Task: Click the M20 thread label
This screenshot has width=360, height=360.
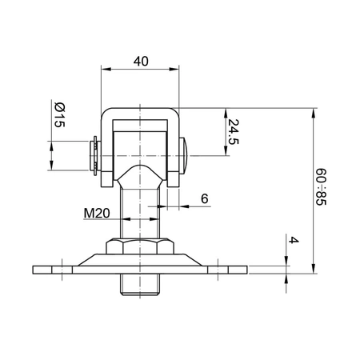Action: (97, 214)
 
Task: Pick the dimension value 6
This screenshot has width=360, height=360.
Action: (204, 198)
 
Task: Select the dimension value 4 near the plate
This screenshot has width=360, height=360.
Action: (294, 241)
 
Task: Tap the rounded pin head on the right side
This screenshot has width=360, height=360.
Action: (186, 154)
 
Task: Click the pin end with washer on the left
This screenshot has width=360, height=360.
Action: (91, 154)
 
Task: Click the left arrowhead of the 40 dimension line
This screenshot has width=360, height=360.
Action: (104, 70)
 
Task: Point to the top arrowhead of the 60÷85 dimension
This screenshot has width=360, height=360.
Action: (311, 110)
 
